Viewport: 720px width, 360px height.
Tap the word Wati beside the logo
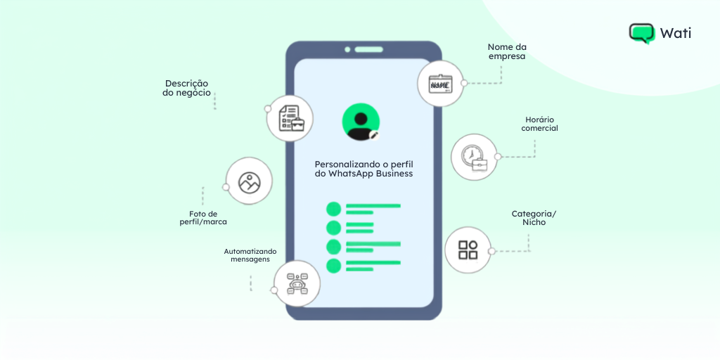676,33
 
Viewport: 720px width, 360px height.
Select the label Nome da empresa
507,52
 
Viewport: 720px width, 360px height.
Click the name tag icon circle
440,84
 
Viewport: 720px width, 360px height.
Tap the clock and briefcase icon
474,157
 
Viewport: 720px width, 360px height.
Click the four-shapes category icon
468,250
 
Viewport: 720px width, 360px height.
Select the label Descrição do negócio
187,88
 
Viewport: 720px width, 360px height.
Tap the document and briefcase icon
290,118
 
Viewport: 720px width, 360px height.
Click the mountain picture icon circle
250,181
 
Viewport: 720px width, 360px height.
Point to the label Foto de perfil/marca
203,218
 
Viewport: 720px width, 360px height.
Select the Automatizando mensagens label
250,255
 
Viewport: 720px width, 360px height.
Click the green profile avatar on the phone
361,122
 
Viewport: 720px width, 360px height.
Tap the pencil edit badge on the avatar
374,135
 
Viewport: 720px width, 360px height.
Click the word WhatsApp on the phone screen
352,174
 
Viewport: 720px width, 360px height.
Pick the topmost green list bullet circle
333,209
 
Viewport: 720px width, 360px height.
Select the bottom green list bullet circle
333,266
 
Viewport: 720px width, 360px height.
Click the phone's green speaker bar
368,50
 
